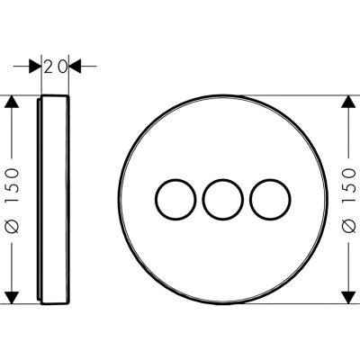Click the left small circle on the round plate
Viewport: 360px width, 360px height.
156,200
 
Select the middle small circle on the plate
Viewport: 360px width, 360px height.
202,200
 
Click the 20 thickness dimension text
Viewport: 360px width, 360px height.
55,67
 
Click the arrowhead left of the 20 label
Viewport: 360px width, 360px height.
35,67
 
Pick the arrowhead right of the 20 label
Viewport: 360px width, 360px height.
75,67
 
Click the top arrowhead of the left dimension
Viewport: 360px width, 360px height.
12,102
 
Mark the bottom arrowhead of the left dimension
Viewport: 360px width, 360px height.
12,297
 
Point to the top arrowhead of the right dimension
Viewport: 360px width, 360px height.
348,102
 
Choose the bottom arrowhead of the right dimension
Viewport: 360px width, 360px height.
348,297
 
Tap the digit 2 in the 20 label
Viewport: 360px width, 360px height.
49,67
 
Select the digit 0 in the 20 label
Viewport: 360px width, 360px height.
62,67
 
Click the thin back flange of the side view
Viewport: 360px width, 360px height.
39,200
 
